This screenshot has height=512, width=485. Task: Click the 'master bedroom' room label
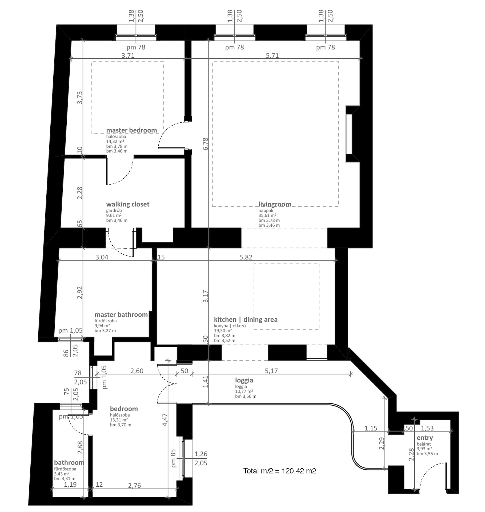131,130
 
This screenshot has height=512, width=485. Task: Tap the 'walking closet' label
128,205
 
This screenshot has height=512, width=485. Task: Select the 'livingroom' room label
275,205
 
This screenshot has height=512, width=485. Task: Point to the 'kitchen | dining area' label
246,319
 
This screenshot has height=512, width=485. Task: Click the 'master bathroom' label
121,315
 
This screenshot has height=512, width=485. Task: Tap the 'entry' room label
425,438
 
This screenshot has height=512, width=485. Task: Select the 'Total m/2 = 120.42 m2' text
280,471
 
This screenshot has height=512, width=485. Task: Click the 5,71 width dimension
272,55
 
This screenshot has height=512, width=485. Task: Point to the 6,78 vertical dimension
205,144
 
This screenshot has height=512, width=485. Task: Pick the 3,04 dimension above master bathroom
102,257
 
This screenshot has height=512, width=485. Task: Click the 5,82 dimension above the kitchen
246,257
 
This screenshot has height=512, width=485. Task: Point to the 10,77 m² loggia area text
244,391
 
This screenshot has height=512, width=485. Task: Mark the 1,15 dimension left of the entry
371,428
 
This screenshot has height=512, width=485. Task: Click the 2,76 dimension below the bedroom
134,486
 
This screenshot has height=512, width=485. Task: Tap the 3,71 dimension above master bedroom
128,55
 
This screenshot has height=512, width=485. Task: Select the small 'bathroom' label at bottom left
69,462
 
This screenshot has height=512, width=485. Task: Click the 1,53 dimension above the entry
427,428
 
